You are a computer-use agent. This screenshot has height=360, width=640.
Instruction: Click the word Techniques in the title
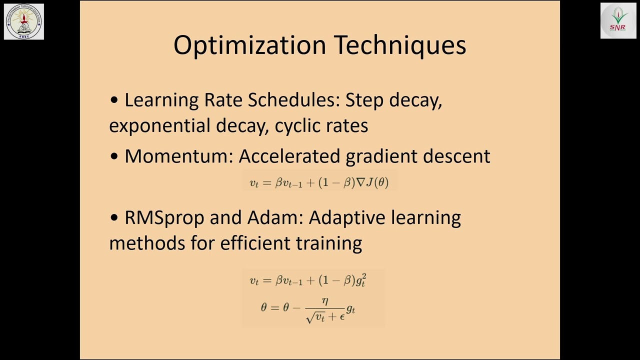399,45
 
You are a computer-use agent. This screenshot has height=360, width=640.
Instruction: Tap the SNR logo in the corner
618,21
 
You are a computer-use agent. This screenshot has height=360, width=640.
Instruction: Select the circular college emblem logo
24,21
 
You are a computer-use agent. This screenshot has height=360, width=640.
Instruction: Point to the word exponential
160,125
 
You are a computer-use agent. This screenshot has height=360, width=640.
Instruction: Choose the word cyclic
297,126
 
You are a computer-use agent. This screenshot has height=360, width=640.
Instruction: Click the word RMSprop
164,218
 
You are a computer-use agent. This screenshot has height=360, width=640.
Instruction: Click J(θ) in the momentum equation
377,182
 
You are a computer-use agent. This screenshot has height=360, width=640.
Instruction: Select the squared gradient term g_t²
360,281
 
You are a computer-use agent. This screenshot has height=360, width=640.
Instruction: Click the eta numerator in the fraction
325,301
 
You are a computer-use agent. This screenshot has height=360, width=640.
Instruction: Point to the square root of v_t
315,316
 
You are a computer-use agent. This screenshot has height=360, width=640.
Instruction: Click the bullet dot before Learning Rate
114,100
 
